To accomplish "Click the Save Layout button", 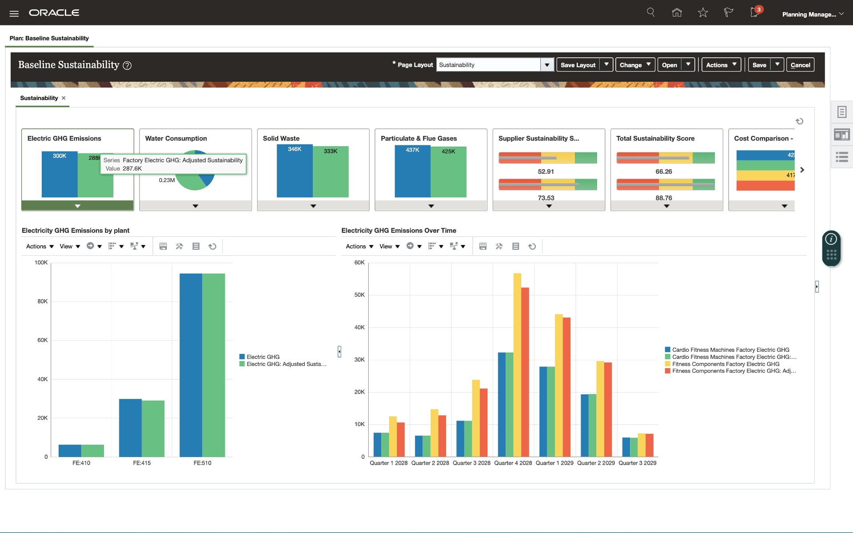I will point(578,65).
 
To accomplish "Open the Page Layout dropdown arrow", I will point(547,65).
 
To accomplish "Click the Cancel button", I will point(800,65).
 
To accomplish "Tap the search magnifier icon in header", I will point(651,12).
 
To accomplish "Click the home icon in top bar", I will point(677,12).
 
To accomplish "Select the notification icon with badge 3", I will point(755,12).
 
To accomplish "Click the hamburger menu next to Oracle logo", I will point(14,13).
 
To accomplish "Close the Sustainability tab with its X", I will point(64,98).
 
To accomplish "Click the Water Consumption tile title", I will point(176,139).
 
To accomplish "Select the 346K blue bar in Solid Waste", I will point(295,173).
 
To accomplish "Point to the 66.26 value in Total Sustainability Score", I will point(664,171).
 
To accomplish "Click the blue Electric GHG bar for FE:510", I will point(191,364).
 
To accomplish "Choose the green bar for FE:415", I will point(153,428).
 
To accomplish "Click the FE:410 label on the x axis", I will point(81,463).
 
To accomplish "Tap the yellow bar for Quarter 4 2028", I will point(517,364).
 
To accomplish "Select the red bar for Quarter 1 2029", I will point(566,386).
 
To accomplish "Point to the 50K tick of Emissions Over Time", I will point(359,295).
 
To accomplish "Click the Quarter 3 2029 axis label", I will point(637,463).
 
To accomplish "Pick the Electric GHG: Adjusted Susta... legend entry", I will point(286,364).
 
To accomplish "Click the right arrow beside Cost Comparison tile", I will point(802,170).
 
